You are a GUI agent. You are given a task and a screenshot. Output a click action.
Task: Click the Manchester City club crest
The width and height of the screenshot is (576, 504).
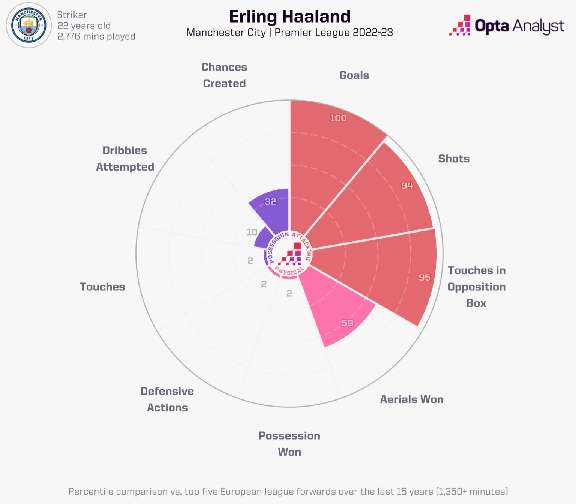coord(29,25)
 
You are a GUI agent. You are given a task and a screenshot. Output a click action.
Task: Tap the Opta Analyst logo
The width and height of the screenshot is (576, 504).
coord(507,26)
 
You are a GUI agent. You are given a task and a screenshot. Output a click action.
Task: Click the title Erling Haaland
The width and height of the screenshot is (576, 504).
coord(289,17)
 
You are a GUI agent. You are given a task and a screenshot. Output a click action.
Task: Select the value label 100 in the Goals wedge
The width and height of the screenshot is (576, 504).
coord(338,118)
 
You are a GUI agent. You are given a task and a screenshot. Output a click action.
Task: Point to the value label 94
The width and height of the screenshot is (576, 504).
coord(407,186)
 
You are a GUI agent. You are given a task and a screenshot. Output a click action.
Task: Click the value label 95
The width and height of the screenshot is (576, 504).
coord(424,277)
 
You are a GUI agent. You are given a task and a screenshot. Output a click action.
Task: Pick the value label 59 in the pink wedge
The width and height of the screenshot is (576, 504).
coord(347,323)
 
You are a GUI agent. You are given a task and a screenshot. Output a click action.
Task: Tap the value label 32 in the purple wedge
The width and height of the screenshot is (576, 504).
coord(270,202)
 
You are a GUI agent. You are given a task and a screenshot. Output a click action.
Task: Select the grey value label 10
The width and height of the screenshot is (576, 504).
coord(252,232)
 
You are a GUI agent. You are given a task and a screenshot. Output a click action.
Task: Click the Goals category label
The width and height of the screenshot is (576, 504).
coord(354,75)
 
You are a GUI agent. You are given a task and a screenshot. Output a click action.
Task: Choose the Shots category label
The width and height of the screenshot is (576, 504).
coord(454,159)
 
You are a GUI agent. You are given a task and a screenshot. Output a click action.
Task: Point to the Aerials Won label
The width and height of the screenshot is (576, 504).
coord(412,399)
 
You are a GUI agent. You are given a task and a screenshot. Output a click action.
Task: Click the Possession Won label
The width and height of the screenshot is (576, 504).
coord(289,444)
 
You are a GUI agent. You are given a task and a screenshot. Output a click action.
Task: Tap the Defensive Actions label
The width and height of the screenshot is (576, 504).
coord(167,399)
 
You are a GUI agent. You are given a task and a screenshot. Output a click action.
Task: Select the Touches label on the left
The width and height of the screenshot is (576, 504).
coord(102,287)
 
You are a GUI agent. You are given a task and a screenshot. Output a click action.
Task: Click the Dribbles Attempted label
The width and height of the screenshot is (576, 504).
coord(125,159)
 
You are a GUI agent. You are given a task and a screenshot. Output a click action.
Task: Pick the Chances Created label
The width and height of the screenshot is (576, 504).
coord(224,75)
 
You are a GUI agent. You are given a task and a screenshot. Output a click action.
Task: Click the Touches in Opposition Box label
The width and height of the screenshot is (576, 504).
coord(476,286)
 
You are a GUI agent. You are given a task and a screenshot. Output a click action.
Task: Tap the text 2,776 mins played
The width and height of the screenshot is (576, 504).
coord(96,36)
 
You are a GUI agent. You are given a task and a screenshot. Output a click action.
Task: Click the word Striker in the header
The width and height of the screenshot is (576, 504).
coord(72,15)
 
